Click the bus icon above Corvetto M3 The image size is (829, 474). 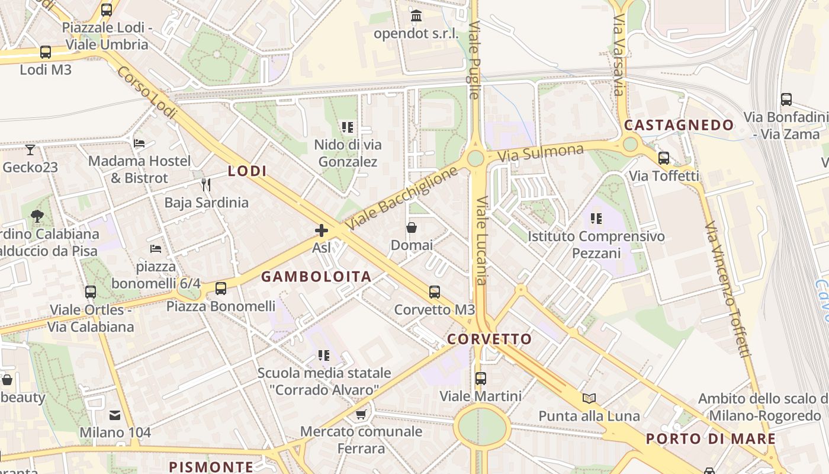435,292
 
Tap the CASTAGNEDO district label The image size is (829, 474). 679,126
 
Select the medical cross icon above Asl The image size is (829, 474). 322,230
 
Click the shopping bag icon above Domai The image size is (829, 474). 412,228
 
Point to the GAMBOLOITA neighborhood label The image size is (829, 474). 316,277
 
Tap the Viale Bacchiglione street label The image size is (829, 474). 402,198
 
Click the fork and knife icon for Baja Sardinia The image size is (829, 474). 206,185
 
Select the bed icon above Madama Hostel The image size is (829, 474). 139,143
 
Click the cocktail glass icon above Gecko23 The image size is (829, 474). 30,150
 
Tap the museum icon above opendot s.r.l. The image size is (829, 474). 416,15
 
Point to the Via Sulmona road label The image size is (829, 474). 541,153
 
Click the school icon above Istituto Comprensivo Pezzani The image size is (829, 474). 596,219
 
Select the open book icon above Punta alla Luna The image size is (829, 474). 589,398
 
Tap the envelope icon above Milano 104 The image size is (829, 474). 115,415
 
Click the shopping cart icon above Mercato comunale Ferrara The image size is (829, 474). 361,414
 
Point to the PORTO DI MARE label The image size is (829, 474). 711,439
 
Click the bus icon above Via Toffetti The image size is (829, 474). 664,158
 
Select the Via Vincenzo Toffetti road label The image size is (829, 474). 728,290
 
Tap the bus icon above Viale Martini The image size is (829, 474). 481,378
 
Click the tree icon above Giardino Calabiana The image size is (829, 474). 37,216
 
